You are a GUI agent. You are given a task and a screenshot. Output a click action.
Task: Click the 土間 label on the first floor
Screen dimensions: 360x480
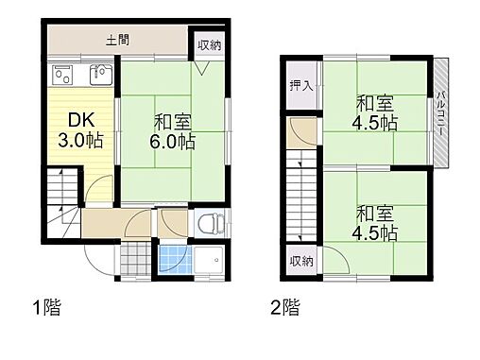coord(118,41)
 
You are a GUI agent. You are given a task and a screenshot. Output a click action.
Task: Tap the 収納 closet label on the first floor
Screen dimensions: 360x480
coord(210,44)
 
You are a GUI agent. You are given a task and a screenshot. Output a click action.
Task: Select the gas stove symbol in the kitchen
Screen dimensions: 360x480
coord(62,73)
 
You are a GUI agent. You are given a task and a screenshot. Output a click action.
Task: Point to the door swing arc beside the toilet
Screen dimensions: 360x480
coord(174,221)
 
